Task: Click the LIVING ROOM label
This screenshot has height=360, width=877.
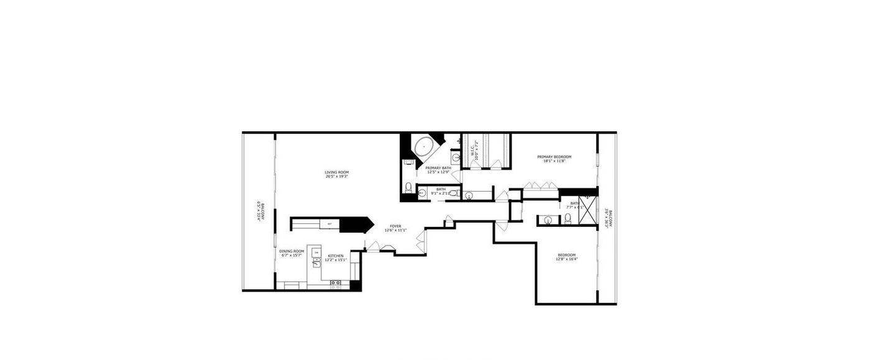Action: (x=336, y=172)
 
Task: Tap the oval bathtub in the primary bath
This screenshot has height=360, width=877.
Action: (x=424, y=147)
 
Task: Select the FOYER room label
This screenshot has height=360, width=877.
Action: (x=395, y=226)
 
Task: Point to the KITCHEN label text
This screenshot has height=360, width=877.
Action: (x=336, y=256)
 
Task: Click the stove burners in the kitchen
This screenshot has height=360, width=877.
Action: (x=336, y=284)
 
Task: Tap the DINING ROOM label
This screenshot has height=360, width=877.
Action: (x=292, y=251)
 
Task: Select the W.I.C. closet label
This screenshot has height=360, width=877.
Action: (x=473, y=150)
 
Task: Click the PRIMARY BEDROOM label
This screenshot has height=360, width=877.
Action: (x=554, y=157)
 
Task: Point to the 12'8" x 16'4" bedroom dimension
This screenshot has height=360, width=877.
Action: (x=566, y=259)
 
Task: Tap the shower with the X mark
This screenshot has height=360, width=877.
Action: (x=587, y=205)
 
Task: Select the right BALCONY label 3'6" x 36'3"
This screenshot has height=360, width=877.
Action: (x=611, y=219)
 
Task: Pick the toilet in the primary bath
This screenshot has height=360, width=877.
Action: (x=408, y=187)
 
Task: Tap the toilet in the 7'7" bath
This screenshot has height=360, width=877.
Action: (x=567, y=218)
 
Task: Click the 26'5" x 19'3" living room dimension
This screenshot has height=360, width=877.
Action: (x=336, y=177)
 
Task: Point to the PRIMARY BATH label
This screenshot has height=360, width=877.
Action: (x=438, y=168)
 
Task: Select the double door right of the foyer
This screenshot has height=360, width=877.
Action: (x=425, y=242)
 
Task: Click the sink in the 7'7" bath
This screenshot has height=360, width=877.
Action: (x=548, y=219)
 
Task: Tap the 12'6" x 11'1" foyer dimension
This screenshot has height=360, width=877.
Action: (x=395, y=231)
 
